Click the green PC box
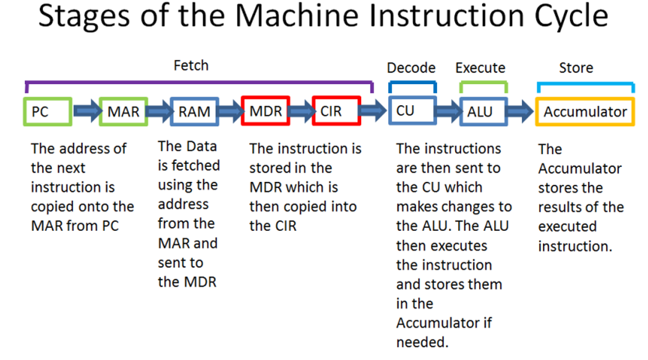(48, 111)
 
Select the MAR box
(124, 111)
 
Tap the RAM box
(194, 111)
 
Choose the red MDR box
(266, 111)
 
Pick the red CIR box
(336, 111)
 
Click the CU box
(412, 110)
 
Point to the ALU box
(484, 111)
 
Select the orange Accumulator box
(585, 111)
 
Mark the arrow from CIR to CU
(373, 110)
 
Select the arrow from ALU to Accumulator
(520, 111)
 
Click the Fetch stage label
(191, 66)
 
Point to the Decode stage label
(411, 68)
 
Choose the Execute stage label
(480, 68)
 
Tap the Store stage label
(576, 68)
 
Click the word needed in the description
(422, 342)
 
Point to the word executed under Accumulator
(568, 226)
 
